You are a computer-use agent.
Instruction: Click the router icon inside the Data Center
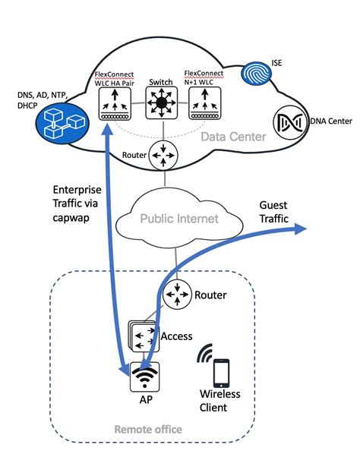tap(160, 157)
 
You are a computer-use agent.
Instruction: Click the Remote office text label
tap(147, 430)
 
